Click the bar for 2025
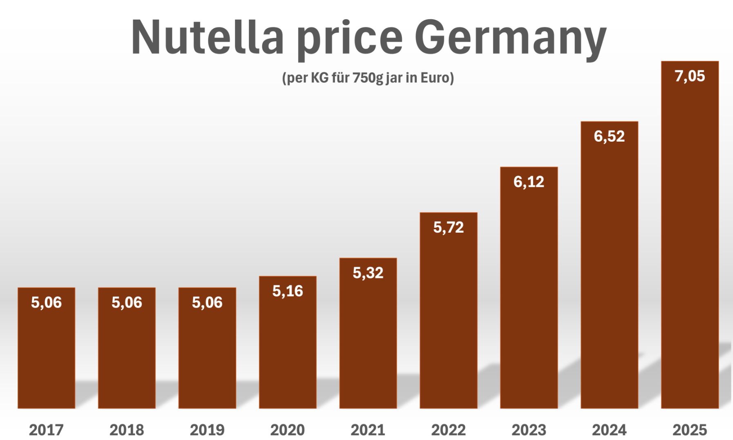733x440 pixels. [x=690, y=245]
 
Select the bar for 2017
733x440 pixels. [x=46, y=355]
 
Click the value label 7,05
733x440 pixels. [x=690, y=76]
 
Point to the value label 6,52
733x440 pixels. [x=609, y=136]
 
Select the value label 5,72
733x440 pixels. [x=448, y=227]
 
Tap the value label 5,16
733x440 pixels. [x=288, y=291]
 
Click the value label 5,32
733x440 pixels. [x=368, y=273]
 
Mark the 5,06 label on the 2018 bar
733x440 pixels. [x=127, y=302]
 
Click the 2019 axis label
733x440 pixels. [x=207, y=430]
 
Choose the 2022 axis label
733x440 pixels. [x=448, y=430]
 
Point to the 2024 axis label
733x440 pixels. [x=609, y=430]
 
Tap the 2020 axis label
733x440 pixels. [x=288, y=430]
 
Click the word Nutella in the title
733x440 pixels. [x=207, y=38]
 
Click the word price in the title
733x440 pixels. [x=350, y=39]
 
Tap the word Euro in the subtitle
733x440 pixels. [x=437, y=78]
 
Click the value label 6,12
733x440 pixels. [x=529, y=182]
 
